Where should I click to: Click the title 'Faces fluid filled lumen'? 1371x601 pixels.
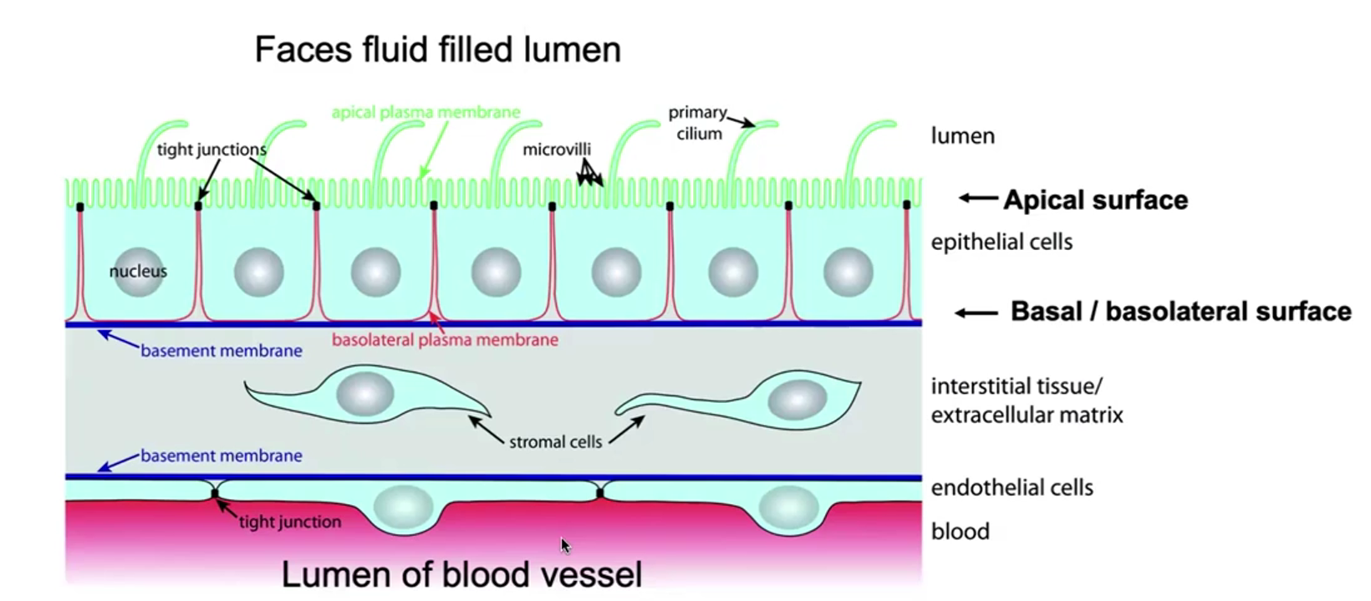pyautogui.click(x=437, y=49)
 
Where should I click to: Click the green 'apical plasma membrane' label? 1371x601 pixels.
pyautogui.click(x=426, y=112)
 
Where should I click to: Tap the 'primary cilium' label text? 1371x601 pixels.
pyautogui.click(x=697, y=123)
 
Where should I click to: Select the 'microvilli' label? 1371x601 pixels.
pyautogui.click(x=557, y=150)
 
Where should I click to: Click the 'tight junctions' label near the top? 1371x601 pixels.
pyautogui.click(x=212, y=150)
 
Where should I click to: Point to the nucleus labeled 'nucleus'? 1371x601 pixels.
pyautogui.click(x=138, y=271)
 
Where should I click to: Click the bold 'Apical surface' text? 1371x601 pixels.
pyautogui.click(x=1095, y=200)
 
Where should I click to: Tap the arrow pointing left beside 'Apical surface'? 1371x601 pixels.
pyautogui.click(x=978, y=198)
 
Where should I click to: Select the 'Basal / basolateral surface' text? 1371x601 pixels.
pyautogui.click(x=1180, y=311)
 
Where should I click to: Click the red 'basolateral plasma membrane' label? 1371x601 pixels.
pyautogui.click(x=445, y=340)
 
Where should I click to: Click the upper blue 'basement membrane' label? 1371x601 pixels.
pyautogui.click(x=221, y=351)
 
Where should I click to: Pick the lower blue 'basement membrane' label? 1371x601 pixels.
pyautogui.click(x=221, y=456)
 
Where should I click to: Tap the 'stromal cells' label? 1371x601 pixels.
pyautogui.click(x=555, y=442)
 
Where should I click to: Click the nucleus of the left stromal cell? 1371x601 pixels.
pyautogui.click(x=365, y=394)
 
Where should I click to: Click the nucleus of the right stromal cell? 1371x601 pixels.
pyautogui.click(x=798, y=400)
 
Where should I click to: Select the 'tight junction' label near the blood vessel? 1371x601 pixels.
pyautogui.click(x=289, y=522)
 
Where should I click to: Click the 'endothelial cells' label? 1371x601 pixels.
pyautogui.click(x=1012, y=487)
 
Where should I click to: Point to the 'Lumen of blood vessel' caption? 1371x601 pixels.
pyautogui.click(x=461, y=574)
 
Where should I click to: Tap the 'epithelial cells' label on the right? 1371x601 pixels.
pyautogui.click(x=1001, y=242)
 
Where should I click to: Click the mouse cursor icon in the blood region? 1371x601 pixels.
pyautogui.click(x=565, y=546)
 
